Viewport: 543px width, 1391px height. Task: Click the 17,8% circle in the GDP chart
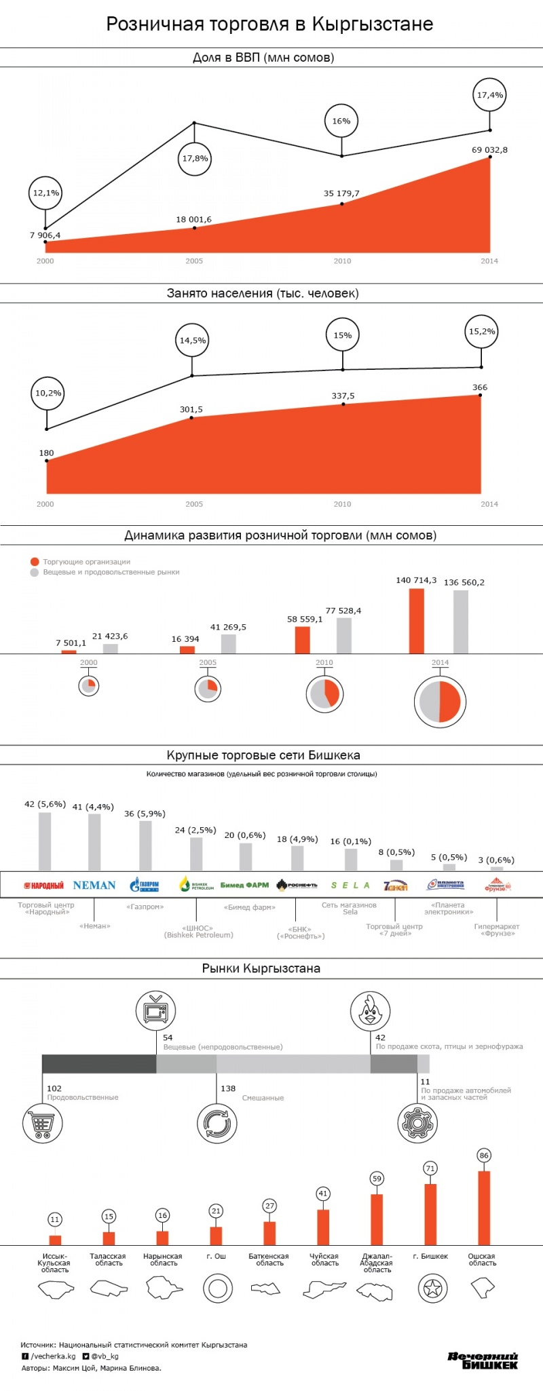[195, 159]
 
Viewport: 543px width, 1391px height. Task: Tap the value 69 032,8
[489, 150]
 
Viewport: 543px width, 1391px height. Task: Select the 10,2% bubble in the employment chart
[48, 393]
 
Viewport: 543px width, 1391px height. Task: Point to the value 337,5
[343, 396]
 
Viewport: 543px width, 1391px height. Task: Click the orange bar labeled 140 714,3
[416, 621]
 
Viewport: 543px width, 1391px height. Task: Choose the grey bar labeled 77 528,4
[344, 635]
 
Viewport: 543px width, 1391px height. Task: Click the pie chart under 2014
[440, 702]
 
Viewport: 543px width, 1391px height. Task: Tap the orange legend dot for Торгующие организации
[35, 562]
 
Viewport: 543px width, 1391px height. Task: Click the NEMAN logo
[94, 885]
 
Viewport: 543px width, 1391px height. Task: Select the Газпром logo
[145, 885]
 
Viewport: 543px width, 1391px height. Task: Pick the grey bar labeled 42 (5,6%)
[45, 841]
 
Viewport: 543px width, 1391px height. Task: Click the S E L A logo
[350, 885]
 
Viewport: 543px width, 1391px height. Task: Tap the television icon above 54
[155, 1010]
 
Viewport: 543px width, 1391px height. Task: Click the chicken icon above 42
[370, 1010]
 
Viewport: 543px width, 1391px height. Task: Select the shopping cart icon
[43, 1123]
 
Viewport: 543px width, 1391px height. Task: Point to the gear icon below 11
[417, 1123]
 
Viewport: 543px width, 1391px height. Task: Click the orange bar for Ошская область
[484, 1208]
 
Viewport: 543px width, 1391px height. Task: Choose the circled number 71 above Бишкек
[430, 1168]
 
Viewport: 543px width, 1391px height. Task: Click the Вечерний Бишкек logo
[483, 1360]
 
